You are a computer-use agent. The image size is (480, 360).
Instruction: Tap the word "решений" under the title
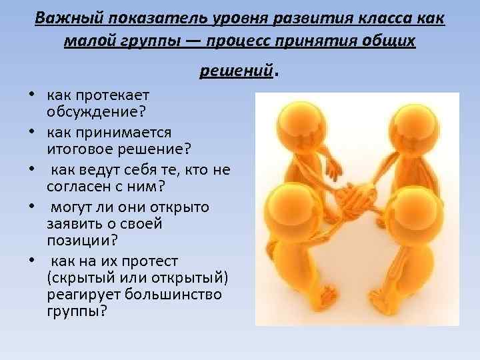[x=237, y=70]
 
